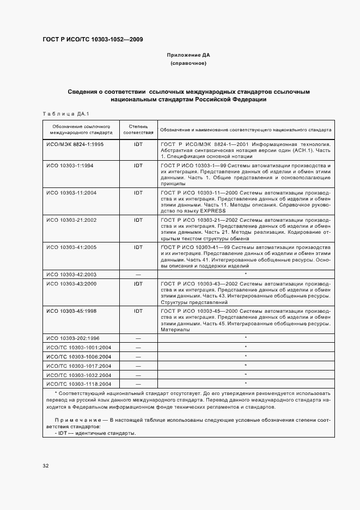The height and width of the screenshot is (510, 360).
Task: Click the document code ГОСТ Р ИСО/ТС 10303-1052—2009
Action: pyautogui.click(x=93, y=39)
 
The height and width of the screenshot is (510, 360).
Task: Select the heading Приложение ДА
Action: pyautogui.click(x=188, y=55)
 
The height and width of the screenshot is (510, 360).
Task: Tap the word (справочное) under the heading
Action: pyautogui.click(x=188, y=64)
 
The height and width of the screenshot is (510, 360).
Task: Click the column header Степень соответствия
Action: pyautogui.click(x=138, y=130)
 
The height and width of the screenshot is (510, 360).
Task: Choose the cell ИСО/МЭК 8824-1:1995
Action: pyautogui.click(x=75, y=145)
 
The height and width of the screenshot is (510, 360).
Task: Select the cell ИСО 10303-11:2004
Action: pyautogui.click(x=72, y=192)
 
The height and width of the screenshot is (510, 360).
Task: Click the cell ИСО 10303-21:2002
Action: pyautogui.click(x=72, y=220)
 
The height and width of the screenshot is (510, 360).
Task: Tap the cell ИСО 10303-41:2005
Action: pyautogui.click(x=72, y=247)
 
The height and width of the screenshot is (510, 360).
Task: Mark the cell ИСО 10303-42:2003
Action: pyautogui.click(x=72, y=274)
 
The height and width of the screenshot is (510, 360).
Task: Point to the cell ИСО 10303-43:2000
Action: pyautogui.click(x=72, y=283)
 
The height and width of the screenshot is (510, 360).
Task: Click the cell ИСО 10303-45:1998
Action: pyautogui.click(x=72, y=311)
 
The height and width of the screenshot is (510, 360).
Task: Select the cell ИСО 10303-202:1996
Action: pyautogui.click(x=74, y=338)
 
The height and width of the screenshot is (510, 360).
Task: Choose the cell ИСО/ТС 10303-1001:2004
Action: pyautogui.click(x=78, y=347)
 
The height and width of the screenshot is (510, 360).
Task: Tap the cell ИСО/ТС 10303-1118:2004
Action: pyautogui.click(x=78, y=384)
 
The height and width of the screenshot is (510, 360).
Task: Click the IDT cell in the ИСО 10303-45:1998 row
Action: pyautogui.click(x=138, y=311)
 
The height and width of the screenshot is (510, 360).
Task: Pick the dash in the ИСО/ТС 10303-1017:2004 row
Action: pyautogui.click(x=138, y=366)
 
